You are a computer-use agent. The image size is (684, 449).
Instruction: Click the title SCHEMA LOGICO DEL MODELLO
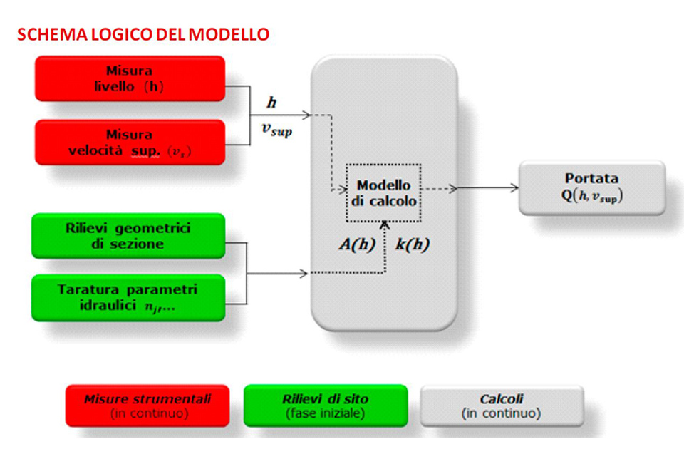(x=143, y=34)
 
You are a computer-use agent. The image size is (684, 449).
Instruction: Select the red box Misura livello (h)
(x=130, y=78)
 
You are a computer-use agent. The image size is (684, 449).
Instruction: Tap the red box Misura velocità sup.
(x=130, y=143)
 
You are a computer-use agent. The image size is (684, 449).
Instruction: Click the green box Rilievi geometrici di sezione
(x=128, y=236)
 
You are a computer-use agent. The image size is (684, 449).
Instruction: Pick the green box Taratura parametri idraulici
(x=128, y=298)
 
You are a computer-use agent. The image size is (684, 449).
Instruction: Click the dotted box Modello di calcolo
(x=383, y=193)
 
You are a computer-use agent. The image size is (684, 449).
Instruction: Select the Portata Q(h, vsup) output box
(x=592, y=187)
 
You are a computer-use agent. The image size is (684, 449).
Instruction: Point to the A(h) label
(x=357, y=244)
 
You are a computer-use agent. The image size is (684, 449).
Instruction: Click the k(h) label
(x=413, y=244)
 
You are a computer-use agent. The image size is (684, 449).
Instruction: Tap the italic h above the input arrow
(x=271, y=103)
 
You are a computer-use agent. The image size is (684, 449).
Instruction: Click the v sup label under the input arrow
(x=276, y=130)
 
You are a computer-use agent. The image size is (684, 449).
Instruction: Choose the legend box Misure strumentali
(x=147, y=406)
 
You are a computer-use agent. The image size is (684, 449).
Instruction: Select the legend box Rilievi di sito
(x=326, y=406)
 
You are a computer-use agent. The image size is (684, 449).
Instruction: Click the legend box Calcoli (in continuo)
(x=502, y=406)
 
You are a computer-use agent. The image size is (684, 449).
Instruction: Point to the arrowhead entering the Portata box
(x=514, y=188)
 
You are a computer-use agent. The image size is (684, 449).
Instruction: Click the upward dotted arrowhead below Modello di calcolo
(x=384, y=225)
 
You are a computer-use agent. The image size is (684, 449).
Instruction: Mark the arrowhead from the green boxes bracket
(x=304, y=274)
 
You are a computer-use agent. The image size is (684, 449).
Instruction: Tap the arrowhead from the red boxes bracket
(x=306, y=115)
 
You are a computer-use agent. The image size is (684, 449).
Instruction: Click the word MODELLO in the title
(x=229, y=34)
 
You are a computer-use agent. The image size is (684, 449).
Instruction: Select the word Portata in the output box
(x=591, y=178)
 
